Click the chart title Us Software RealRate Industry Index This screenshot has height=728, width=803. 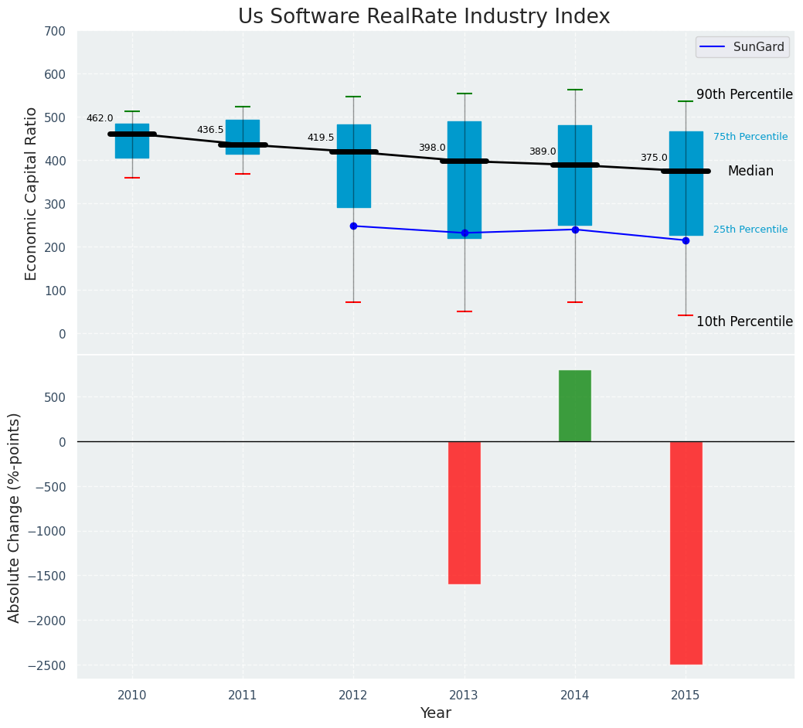[424, 17]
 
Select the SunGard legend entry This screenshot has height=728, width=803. [758, 47]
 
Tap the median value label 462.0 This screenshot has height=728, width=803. [100, 118]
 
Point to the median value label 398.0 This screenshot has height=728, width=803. [432, 148]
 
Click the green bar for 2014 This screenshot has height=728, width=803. [575, 406]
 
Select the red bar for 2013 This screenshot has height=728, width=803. [464, 512]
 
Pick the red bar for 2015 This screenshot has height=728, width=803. [686, 553]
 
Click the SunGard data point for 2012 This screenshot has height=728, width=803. [353, 226]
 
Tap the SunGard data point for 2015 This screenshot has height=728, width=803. [686, 240]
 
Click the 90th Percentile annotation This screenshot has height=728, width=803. [744, 94]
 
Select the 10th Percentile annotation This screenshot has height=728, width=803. [744, 321]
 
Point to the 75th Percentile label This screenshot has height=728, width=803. [750, 137]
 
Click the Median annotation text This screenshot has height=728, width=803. [750, 171]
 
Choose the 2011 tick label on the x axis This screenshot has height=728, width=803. [243, 696]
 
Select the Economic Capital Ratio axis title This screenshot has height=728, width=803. [32, 193]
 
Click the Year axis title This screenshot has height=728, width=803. [436, 713]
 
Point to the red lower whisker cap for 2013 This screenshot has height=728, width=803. [464, 311]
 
